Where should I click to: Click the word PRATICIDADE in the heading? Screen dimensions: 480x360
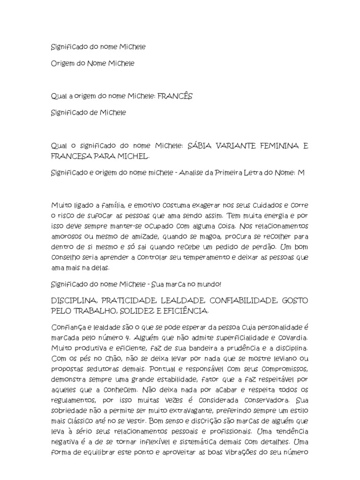(122, 300)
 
